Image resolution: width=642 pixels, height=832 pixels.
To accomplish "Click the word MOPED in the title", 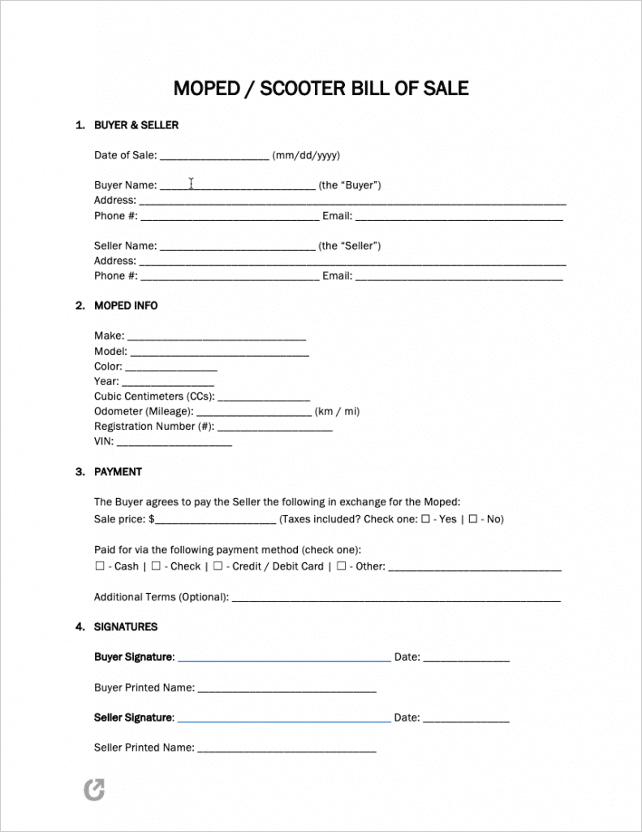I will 205,88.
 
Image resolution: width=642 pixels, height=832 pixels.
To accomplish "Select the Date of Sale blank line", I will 214,157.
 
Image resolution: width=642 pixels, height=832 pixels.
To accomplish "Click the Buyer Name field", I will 237,186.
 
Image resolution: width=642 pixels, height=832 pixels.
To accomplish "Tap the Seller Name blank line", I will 237,247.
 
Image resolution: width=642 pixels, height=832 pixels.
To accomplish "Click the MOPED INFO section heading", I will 126,305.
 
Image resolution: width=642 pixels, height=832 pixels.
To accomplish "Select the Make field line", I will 217,337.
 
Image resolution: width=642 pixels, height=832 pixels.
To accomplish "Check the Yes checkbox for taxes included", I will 425,518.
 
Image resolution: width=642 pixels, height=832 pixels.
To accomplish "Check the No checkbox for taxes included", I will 473,518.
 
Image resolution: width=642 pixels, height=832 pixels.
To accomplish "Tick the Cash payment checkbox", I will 99,565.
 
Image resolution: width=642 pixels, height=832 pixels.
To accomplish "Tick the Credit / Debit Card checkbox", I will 219,565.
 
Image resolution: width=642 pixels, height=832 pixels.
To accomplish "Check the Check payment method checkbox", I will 156,565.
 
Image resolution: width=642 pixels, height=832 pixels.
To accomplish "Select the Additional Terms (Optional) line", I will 396,599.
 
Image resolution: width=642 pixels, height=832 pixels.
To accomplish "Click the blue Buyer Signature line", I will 283,659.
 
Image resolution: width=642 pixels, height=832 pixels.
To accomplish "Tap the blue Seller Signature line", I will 283,719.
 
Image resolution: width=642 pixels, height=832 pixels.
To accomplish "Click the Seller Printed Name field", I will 287,749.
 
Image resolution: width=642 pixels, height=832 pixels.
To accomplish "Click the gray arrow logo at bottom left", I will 95,789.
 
